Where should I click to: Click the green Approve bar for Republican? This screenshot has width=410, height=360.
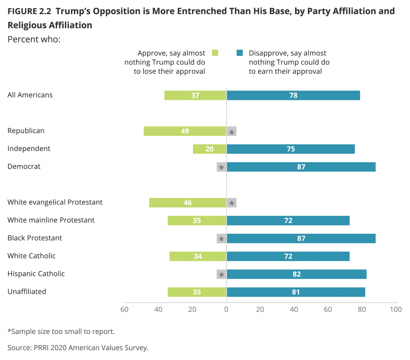[185, 131]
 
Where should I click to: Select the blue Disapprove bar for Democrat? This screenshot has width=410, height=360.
[301, 167]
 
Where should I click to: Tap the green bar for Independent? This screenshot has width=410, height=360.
[209, 149]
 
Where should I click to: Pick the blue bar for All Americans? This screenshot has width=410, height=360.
[293, 95]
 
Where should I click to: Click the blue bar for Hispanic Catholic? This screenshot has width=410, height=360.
[296, 274]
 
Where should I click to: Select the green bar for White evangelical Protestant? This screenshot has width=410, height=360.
[187, 203]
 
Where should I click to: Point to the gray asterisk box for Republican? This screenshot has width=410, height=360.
[231, 131]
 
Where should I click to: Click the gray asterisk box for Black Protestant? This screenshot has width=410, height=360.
[221, 239]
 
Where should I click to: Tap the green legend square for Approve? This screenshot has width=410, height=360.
[215, 53]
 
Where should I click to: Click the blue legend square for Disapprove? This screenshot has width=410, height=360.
[239, 53]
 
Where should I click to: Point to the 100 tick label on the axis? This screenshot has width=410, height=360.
[396, 310]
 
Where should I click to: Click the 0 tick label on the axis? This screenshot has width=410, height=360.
[226, 310]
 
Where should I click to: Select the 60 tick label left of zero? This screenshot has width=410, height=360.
[125, 310]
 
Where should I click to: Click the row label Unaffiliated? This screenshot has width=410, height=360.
[27, 292]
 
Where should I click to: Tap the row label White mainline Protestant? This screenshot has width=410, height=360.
[51, 220]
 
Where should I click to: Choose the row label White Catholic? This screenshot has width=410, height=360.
[32, 255]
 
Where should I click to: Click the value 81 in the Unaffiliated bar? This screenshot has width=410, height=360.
[296, 292]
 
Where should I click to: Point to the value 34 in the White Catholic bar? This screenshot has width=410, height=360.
[198, 256]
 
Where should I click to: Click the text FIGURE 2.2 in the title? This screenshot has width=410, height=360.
[27, 11]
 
